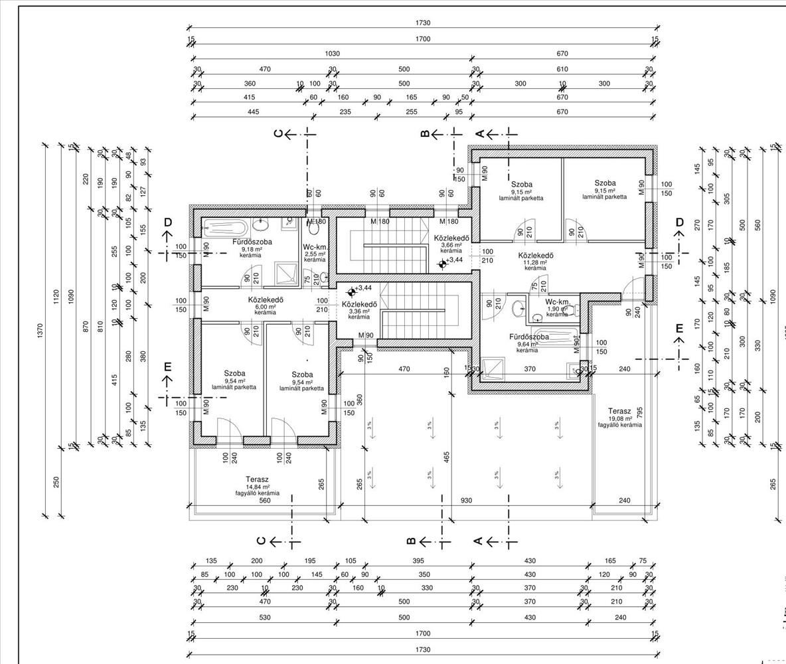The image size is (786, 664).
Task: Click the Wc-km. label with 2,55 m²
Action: [315, 247]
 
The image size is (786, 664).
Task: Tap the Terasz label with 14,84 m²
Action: [257, 479]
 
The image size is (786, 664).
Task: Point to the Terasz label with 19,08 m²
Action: [625, 412]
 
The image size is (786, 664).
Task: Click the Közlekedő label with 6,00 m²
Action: [266, 299]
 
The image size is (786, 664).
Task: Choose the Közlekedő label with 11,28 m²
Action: [536, 256]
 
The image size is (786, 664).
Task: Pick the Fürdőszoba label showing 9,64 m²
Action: [528, 337]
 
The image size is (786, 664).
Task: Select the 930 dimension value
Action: [466, 501]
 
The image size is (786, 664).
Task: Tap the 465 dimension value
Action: [447, 457]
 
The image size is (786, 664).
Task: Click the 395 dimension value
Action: [418, 561]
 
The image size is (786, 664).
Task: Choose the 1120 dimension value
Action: [56, 293]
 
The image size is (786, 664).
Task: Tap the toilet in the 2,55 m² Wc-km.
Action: [315, 228]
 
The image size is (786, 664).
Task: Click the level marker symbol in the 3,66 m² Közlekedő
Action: [443, 264]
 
